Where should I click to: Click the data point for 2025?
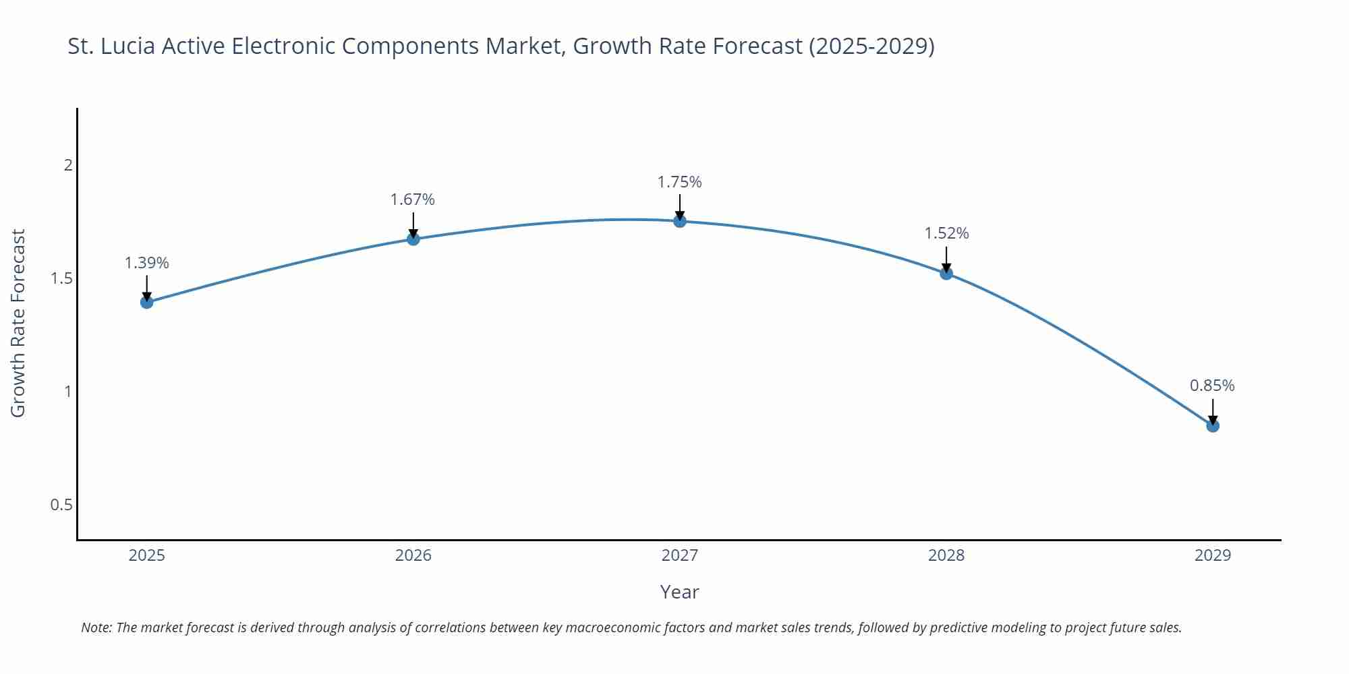pos(147,302)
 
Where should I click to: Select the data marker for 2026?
pos(413,239)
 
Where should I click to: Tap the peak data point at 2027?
pos(680,220)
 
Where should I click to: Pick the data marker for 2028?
pos(946,273)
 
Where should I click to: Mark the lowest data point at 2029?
pos(1213,425)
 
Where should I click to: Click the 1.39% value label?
pos(147,263)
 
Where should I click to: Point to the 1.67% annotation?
pos(413,200)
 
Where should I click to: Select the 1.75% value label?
pos(680,182)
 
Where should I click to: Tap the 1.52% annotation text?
pos(946,233)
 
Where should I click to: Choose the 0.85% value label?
pos(1212,386)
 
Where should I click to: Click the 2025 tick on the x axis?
pos(147,555)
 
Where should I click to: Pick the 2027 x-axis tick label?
pos(680,555)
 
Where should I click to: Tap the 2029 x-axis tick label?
pos(1213,555)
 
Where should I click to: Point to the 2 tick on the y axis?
pos(67,165)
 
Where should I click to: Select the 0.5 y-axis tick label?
pos(61,505)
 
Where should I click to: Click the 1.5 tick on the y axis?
pos(61,278)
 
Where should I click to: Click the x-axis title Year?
pos(680,592)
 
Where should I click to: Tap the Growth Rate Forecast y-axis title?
pos(18,323)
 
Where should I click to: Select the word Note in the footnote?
pos(96,627)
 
